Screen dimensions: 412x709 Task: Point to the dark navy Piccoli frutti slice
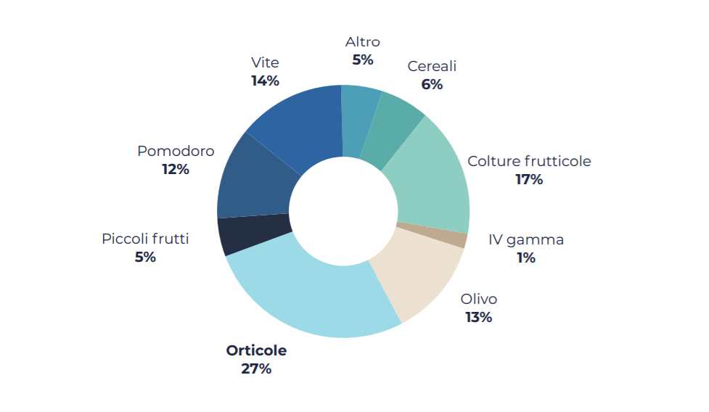click(254, 234)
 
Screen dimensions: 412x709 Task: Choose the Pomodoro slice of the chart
click(254, 181)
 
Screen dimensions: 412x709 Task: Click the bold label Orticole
click(256, 350)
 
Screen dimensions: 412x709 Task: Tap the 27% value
click(256, 368)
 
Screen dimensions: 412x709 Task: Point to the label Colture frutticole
click(529, 161)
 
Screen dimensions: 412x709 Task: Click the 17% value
click(529, 179)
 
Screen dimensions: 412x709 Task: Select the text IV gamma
click(526, 239)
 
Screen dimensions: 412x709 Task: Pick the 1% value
click(526, 257)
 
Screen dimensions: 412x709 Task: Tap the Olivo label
click(479, 299)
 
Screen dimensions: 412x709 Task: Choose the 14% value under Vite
click(265, 81)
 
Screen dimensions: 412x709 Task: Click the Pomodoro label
click(176, 151)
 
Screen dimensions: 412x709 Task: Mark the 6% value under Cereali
click(432, 84)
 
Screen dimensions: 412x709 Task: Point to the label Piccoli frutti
click(145, 239)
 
